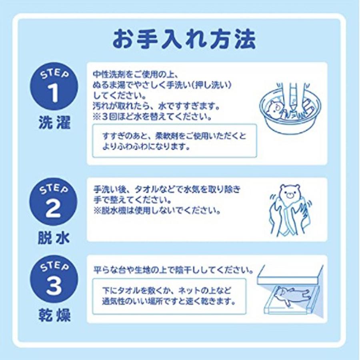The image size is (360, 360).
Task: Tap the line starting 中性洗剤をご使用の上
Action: click(132, 75)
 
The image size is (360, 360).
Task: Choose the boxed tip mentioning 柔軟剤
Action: click(174, 141)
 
